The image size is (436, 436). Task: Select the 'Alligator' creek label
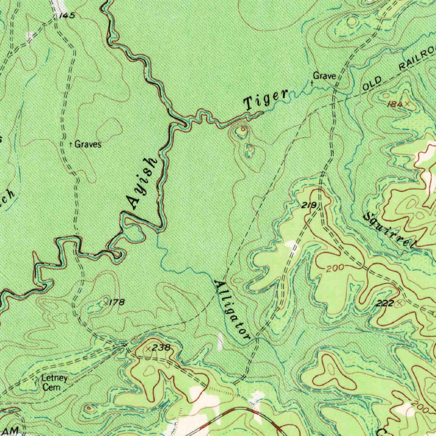(x=232, y=310)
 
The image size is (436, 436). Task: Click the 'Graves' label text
(x=88, y=144)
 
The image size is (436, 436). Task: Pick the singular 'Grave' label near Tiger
(x=324, y=76)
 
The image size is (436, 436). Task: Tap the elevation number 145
(x=67, y=16)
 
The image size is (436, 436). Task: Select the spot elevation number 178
(x=117, y=302)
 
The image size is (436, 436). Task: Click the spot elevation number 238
(x=161, y=347)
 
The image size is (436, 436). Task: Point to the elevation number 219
(x=308, y=206)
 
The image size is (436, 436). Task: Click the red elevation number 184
(x=394, y=104)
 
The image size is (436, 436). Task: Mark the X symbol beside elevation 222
(x=399, y=303)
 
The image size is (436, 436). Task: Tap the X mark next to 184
(x=407, y=103)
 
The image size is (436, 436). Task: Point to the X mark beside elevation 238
(x=148, y=348)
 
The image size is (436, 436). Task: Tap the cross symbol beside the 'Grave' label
(x=312, y=83)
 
